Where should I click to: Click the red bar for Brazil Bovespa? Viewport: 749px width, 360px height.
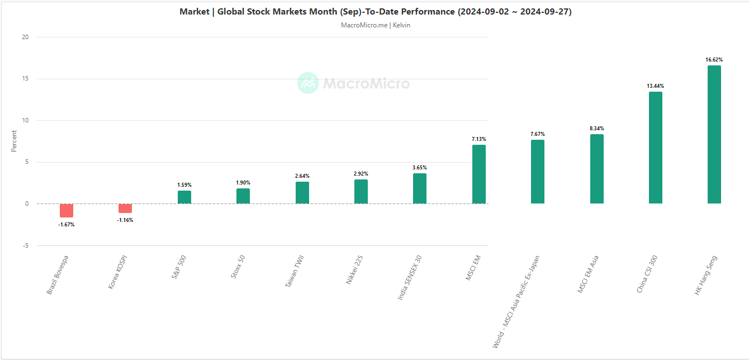pyautogui.click(x=67, y=210)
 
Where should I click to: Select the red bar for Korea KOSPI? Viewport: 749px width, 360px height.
pyautogui.click(x=125, y=208)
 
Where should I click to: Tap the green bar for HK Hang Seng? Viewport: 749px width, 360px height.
pyautogui.click(x=714, y=134)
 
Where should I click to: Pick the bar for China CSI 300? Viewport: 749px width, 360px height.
pyautogui.click(x=655, y=148)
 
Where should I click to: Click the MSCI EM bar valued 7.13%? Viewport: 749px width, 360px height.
pyautogui.click(x=478, y=174)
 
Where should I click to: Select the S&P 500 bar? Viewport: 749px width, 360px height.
pyautogui.click(x=184, y=197)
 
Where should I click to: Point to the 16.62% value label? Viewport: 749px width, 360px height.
pyautogui.click(x=714, y=59)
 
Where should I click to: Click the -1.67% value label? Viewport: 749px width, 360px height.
pyautogui.click(x=67, y=225)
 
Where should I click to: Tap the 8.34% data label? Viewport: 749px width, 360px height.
pyautogui.click(x=596, y=129)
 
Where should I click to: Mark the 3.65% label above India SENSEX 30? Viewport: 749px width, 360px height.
pyautogui.click(x=420, y=168)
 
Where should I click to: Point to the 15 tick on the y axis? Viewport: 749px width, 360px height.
pyautogui.click(x=25, y=79)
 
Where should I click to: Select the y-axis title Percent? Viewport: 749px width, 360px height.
pyautogui.click(x=15, y=141)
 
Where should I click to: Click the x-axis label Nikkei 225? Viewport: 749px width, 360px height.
pyautogui.click(x=357, y=270)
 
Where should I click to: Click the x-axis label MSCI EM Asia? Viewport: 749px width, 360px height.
pyautogui.click(x=588, y=274)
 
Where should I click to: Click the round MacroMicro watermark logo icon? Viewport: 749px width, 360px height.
pyautogui.click(x=308, y=83)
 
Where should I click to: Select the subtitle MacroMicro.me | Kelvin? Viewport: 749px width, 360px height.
pyautogui.click(x=375, y=25)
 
